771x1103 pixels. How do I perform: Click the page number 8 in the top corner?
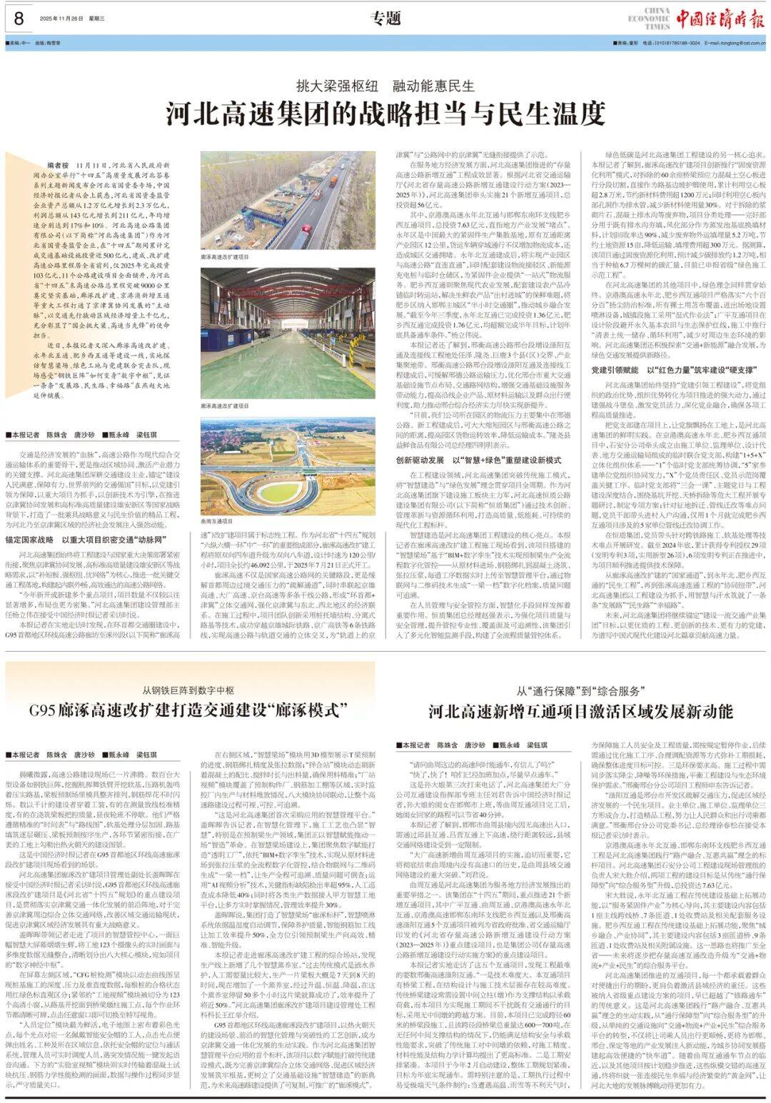(x=19, y=19)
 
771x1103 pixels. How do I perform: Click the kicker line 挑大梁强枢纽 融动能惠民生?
(x=385, y=86)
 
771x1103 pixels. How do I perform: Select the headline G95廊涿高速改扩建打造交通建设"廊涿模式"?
(x=188, y=711)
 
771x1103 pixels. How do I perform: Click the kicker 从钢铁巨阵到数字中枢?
(x=188, y=690)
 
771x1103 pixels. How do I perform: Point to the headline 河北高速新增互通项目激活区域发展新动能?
(x=580, y=712)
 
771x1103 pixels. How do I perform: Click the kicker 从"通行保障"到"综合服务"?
(x=580, y=691)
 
